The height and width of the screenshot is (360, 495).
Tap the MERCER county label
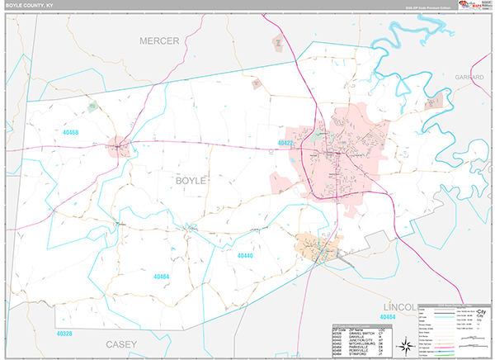click(159, 41)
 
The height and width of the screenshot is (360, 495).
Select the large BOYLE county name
click(191, 178)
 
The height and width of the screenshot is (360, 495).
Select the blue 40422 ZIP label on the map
click(286, 143)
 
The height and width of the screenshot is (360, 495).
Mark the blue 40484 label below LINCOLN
click(389, 317)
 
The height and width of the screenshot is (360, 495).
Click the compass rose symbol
click(405, 344)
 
